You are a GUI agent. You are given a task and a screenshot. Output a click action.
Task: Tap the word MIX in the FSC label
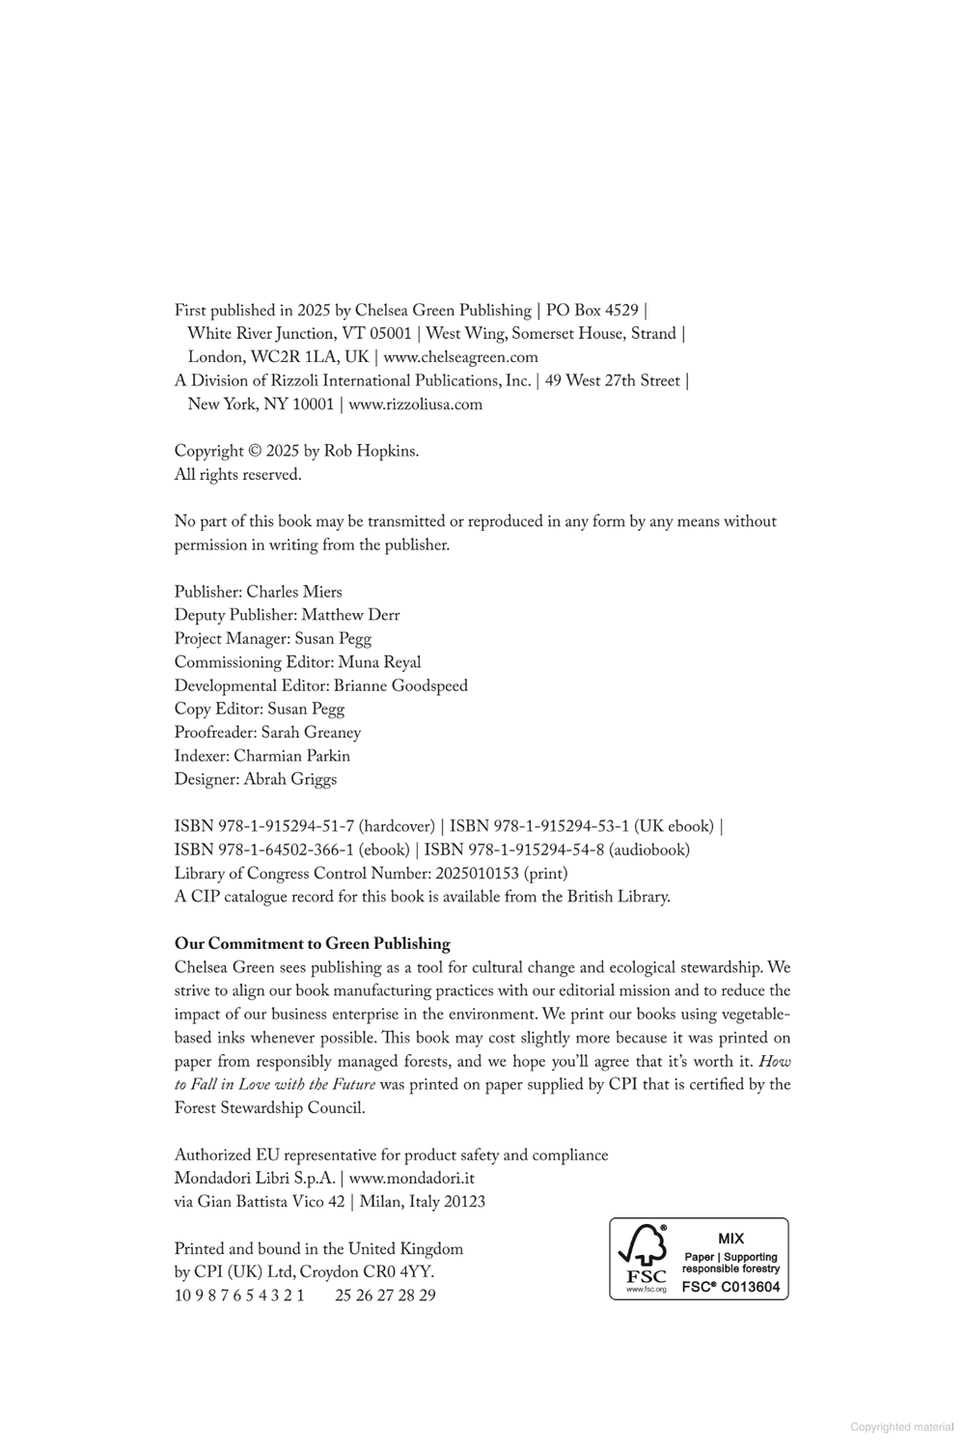coord(731,1238)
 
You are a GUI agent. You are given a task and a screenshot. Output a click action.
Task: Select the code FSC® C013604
coord(731,1287)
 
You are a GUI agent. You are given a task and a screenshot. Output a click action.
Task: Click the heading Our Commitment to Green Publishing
coord(312,944)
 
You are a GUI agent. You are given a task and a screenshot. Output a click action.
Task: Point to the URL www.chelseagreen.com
coord(460,357)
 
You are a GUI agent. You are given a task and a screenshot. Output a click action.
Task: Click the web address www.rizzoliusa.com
coord(415,404)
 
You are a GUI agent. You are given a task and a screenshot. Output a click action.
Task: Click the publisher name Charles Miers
coord(294,592)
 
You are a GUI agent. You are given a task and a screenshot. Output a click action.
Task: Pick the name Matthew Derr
coord(350,615)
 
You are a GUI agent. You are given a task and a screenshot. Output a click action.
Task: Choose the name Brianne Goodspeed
coord(400,685)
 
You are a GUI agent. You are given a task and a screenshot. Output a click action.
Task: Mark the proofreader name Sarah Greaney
coord(311,733)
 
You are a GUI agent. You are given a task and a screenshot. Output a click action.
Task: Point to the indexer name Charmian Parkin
coord(291,756)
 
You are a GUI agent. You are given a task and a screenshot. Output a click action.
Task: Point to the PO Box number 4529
coord(621,311)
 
